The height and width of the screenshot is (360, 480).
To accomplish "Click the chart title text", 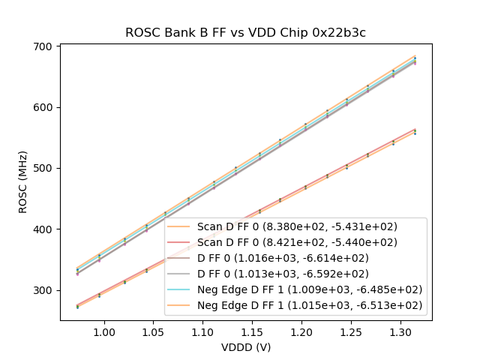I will tap(245, 32).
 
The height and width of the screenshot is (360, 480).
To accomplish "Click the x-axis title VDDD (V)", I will tap(245, 347).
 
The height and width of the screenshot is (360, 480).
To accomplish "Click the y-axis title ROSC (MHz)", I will tap(23, 182).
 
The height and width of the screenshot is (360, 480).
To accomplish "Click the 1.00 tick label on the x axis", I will tap(103, 331).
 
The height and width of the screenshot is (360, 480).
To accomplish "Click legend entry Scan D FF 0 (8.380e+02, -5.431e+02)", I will tap(297, 226).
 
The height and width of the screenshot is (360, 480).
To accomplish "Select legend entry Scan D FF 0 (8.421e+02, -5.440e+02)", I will tap(297, 242).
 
